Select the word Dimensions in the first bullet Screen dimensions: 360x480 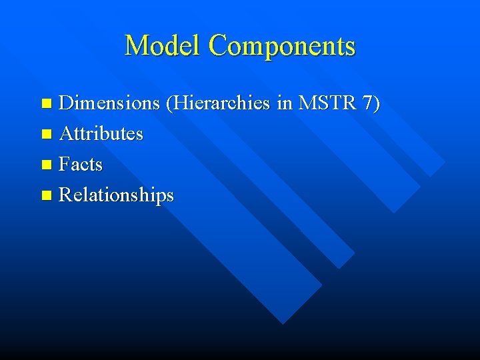tap(109, 103)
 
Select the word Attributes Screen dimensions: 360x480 tap(101, 134)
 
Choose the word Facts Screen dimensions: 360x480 tap(81, 165)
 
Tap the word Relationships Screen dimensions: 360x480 tap(116, 195)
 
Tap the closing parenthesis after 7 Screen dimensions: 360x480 tap(377, 104)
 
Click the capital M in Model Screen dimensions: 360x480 tap(136, 45)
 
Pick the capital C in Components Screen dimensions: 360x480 tap(217, 45)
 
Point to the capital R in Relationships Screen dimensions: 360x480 tap(65, 195)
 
